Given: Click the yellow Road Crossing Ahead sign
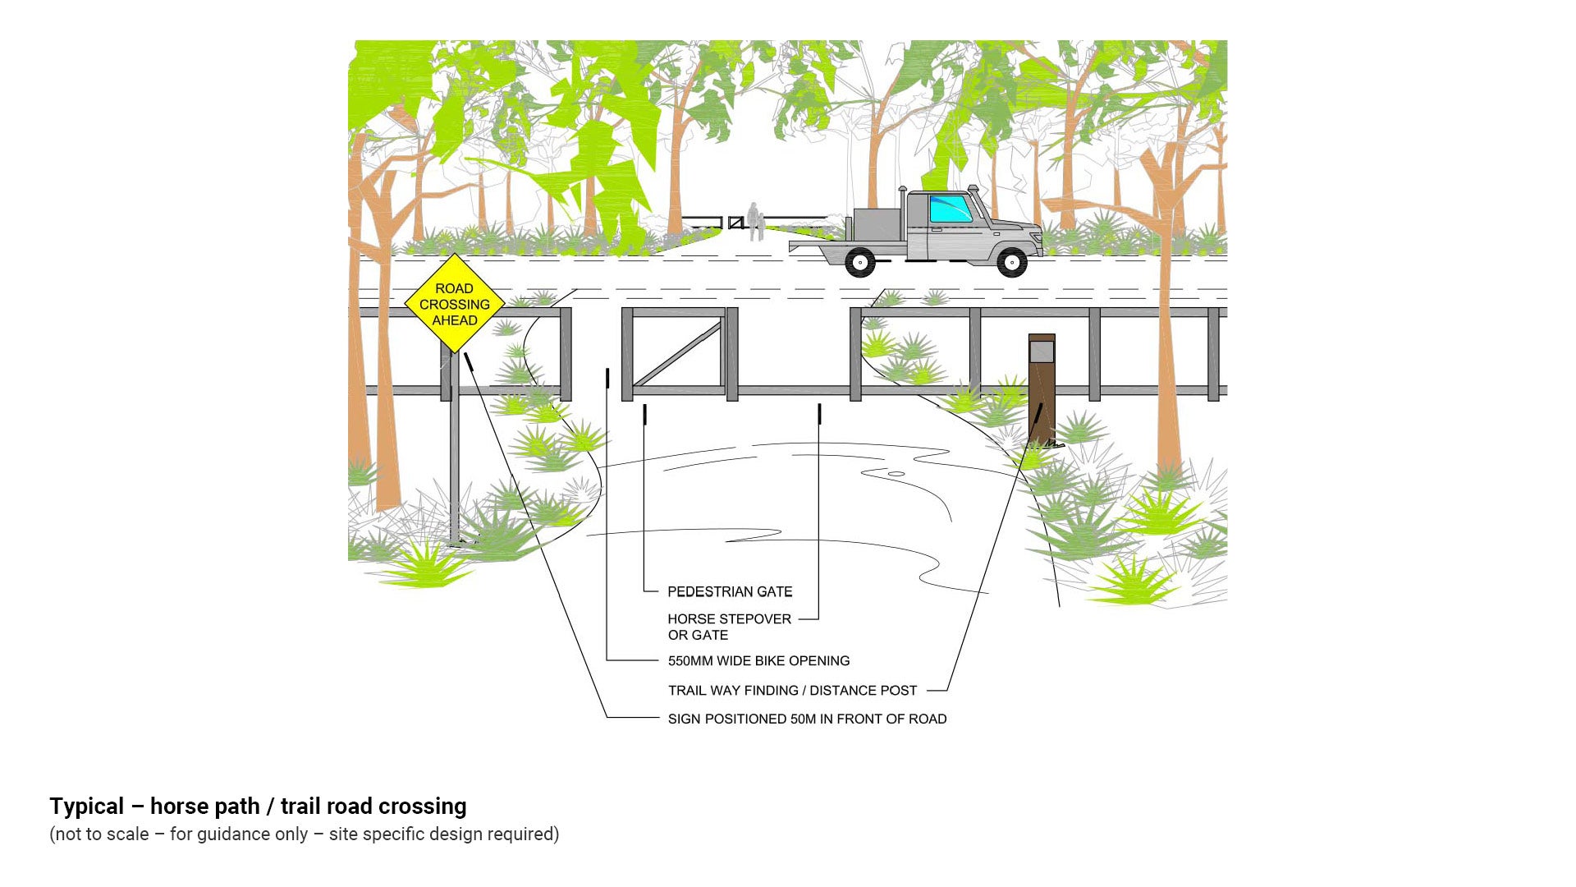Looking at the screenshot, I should (454, 304).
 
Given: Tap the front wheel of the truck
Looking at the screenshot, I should (1011, 263).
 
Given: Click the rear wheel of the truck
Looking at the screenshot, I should (859, 262).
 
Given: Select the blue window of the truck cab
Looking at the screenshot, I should (950, 209).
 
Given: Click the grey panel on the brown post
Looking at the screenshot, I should (1042, 352).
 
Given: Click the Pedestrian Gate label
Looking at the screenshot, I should (730, 591).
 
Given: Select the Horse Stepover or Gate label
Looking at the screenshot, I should (729, 627).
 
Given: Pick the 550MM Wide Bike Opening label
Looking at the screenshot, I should (758, 660).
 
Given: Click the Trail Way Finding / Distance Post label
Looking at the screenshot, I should (792, 691).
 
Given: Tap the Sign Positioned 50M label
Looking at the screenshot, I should (807, 719).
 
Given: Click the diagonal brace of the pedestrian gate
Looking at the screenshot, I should (678, 355).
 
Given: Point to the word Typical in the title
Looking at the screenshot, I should (86, 807).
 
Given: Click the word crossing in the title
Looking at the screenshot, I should (418, 807).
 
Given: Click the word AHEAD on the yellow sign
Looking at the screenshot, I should (455, 320).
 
